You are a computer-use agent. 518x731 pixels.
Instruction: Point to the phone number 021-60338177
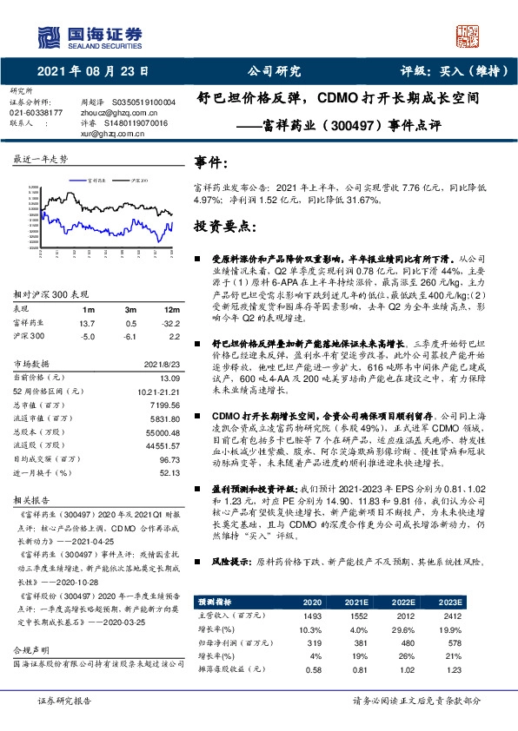(36, 113)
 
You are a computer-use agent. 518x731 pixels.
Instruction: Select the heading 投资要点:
(223, 226)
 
